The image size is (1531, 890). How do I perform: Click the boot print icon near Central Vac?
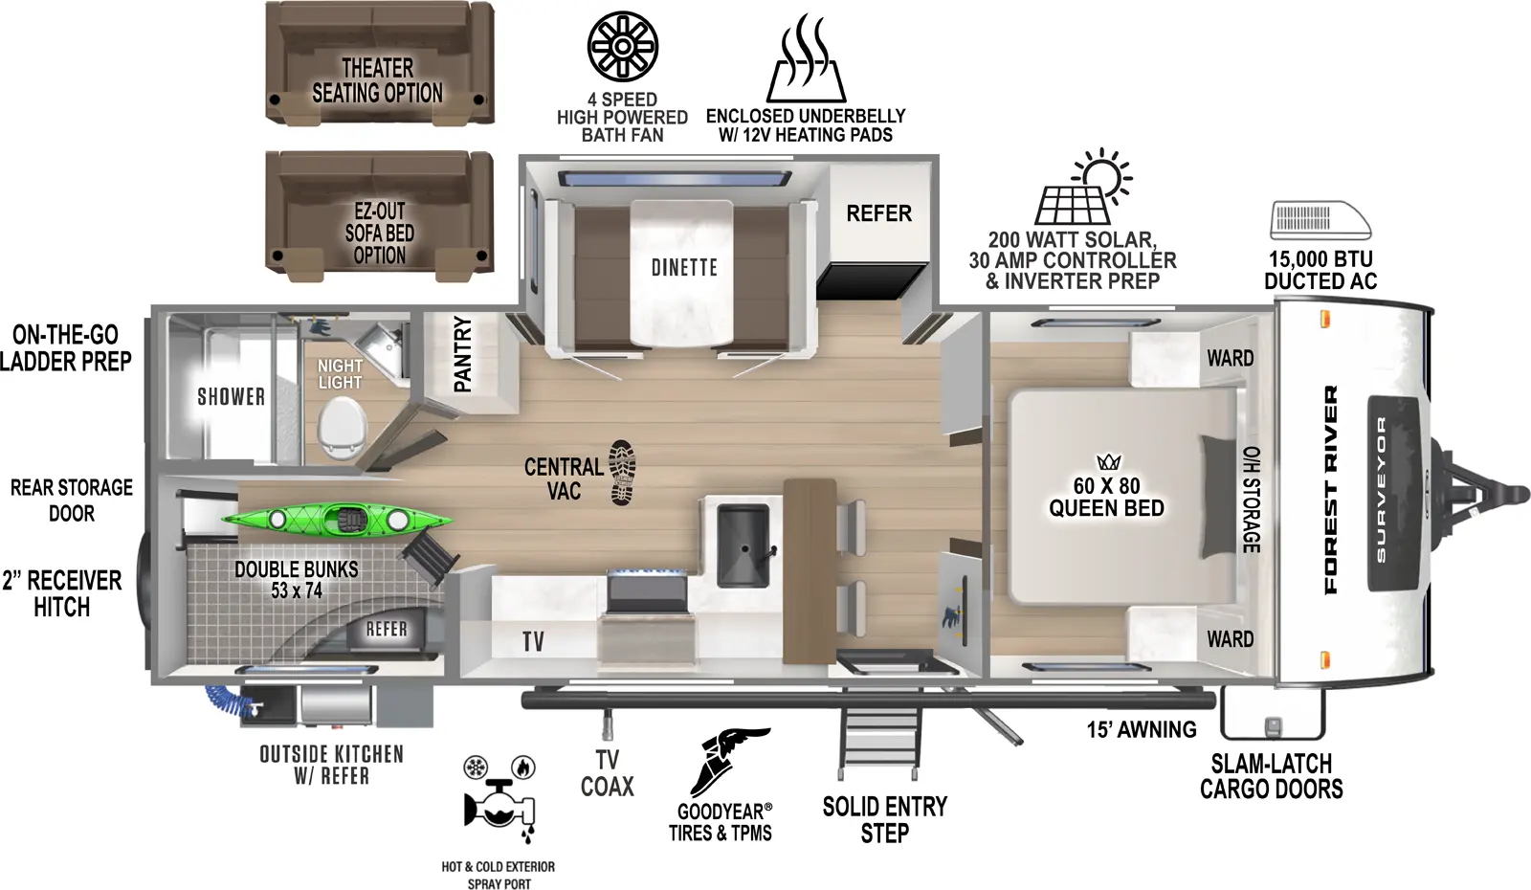(622, 472)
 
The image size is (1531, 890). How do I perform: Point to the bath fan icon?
(622, 46)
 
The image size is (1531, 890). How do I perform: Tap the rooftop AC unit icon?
(1320, 220)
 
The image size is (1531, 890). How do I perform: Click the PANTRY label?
(463, 354)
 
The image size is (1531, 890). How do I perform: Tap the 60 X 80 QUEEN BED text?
(1106, 497)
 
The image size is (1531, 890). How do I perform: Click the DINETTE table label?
(684, 268)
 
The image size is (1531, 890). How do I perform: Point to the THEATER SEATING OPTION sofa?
(379, 63)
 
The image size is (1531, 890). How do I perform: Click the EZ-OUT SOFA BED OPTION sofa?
(379, 216)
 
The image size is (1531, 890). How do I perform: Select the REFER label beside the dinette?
(878, 213)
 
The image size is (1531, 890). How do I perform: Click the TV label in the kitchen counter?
(533, 641)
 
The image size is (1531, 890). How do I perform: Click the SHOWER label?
(231, 396)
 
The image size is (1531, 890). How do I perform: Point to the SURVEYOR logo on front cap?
(1381, 490)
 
